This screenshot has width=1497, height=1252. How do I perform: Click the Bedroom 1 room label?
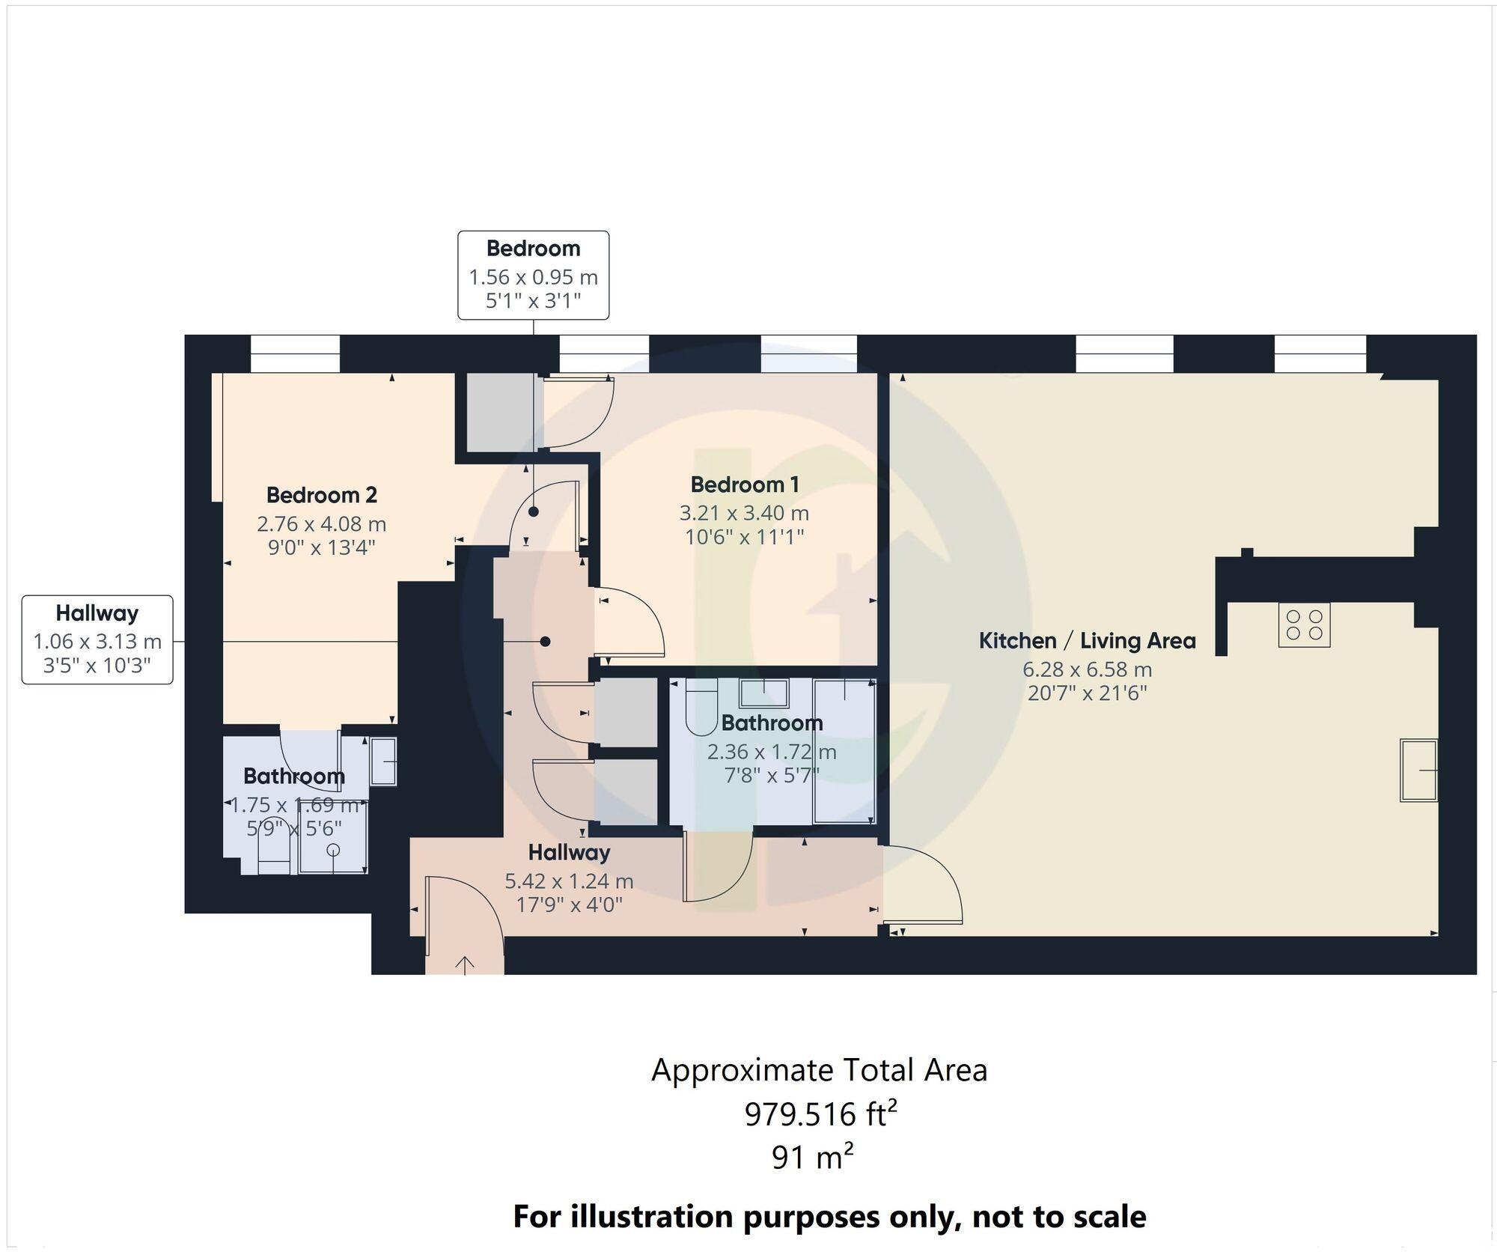click(744, 484)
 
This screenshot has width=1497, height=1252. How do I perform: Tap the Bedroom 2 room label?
click(321, 495)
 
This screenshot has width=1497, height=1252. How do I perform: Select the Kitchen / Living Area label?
click(1087, 641)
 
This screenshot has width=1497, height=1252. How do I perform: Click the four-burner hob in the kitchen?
click(1304, 625)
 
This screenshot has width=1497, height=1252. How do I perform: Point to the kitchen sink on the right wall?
click(1418, 771)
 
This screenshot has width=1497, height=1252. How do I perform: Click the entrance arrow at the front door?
click(465, 964)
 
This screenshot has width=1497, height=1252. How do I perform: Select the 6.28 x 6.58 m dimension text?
click(1087, 669)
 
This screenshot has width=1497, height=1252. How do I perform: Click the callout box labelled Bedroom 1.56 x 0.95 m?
click(533, 275)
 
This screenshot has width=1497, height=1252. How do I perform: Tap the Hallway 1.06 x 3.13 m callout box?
click(97, 639)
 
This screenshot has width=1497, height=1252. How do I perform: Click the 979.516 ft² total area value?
click(820, 1115)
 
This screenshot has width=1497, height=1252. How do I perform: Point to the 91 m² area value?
click(812, 1158)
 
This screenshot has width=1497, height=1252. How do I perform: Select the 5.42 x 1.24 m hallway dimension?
click(569, 881)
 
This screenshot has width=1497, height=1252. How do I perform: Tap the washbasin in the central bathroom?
click(763, 693)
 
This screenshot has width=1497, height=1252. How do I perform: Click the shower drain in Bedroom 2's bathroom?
click(333, 849)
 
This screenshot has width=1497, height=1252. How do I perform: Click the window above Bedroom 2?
click(294, 353)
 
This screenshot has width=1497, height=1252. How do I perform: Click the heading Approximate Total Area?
click(819, 1070)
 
